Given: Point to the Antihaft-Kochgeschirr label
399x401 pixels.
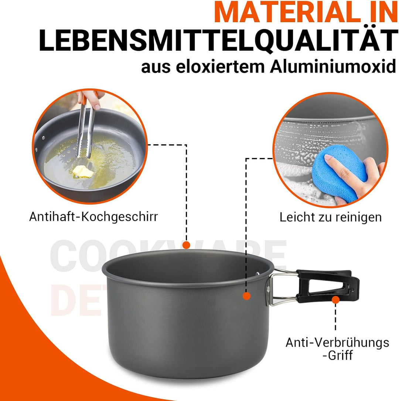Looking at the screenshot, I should (x=93, y=216).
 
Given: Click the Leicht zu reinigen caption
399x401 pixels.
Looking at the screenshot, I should (x=330, y=217).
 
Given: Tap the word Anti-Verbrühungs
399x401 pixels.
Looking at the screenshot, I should (x=337, y=342).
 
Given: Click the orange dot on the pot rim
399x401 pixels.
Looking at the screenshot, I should (x=186, y=245).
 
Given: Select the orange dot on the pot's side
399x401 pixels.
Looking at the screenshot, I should (x=246, y=296).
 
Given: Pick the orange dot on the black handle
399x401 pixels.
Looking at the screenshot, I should (x=335, y=300).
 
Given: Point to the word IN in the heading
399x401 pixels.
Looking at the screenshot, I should (x=381, y=13).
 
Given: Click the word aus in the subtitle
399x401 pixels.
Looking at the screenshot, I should (x=156, y=68).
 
